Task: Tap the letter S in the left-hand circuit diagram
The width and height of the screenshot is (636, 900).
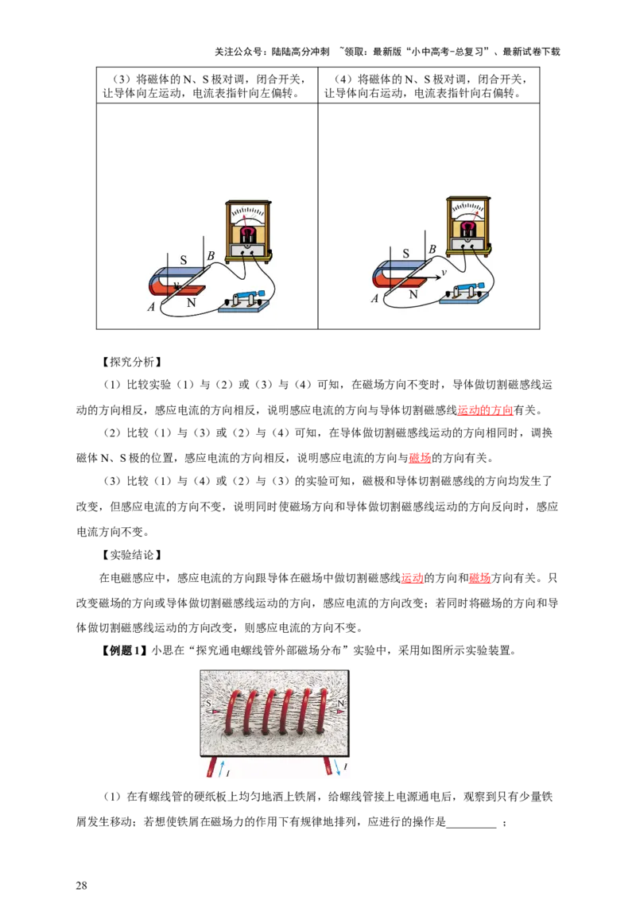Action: click(183, 259)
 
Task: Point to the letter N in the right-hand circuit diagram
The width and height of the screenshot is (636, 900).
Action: click(413, 293)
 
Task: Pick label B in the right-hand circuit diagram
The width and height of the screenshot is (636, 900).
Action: click(432, 250)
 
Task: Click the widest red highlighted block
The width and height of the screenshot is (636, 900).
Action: click(487, 411)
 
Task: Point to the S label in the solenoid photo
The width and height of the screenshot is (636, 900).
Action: click(208, 704)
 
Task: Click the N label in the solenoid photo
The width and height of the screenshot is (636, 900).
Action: click(341, 704)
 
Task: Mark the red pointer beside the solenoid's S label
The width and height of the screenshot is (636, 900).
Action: click(218, 712)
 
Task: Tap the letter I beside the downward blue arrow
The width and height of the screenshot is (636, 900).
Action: click(345, 766)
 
